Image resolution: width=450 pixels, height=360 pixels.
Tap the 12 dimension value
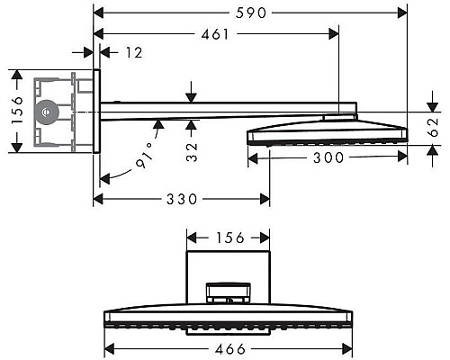point(133,53)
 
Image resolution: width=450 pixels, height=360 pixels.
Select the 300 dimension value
point(325,157)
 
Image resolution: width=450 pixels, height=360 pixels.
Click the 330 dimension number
point(183,199)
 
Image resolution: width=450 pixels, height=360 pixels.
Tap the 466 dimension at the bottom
point(227,346)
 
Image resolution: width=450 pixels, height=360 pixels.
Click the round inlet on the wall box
point(44,112)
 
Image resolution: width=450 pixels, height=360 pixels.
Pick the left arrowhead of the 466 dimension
point(110,346)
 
